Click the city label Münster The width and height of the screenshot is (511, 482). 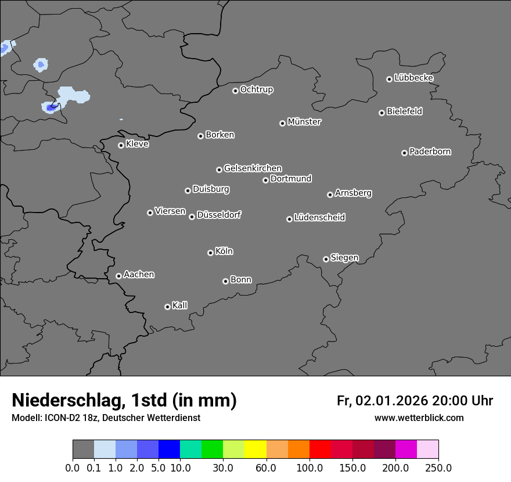pyautogui.click(x=304, y=122)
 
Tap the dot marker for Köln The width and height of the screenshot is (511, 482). pyautogui.click(x=210, y=253)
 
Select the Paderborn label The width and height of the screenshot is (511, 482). pyautogui.click(x=430, y=152)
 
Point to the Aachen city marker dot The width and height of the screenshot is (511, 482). pyautogui.click(x=118, y=276)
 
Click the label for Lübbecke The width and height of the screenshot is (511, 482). pyautogui.click(x=414, y=78)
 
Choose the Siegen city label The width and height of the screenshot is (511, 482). pyautogui.click(x=344, y=258)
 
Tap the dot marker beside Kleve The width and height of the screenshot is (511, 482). pyautogui.click(x=121, y=145)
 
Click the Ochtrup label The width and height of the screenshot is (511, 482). pyautogui.click(x=257, y=89)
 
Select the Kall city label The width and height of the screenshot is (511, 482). pyautogui.click(x=180, y=305)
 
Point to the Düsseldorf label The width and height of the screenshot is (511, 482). pyautogui.click(x=219, y=215)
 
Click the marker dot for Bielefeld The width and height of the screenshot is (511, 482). pyautogui.click(x=382, y=113)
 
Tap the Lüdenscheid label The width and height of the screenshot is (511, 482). pyautogui.click(x=319, y=218)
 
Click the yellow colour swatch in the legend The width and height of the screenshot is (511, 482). pyautogui.click(x=255, y=449)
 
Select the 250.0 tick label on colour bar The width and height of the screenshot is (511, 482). pyautogui.click(x=438, y=468)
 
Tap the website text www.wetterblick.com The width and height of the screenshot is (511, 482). pyautogui.click(x=419, y=418)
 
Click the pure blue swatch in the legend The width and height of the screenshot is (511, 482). pyautogui.click(x=169, y=449)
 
